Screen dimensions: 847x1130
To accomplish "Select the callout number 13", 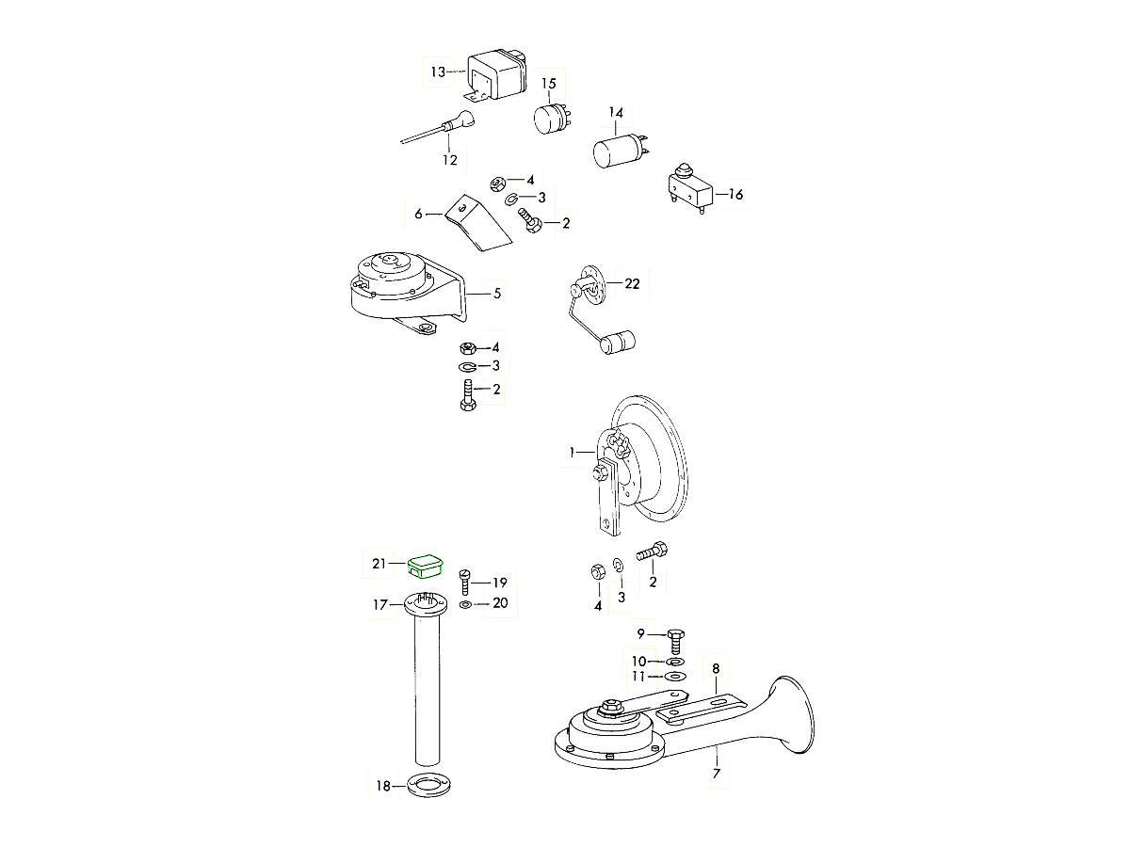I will pos(438,72).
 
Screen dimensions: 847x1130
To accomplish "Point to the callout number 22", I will pos(631,284).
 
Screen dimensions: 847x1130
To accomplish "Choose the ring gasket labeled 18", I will pos(428,784).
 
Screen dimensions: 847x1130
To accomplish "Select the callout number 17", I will pos(379,605).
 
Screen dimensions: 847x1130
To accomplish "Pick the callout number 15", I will pos(548,84).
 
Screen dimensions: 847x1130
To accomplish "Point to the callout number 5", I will pos(497,294).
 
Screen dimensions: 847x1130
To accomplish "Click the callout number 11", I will pos(639,677).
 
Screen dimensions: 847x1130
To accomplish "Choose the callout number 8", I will pos(716,669).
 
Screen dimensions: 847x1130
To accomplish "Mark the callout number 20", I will pos(500,603).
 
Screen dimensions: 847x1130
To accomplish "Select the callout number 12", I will pos(450,160).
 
